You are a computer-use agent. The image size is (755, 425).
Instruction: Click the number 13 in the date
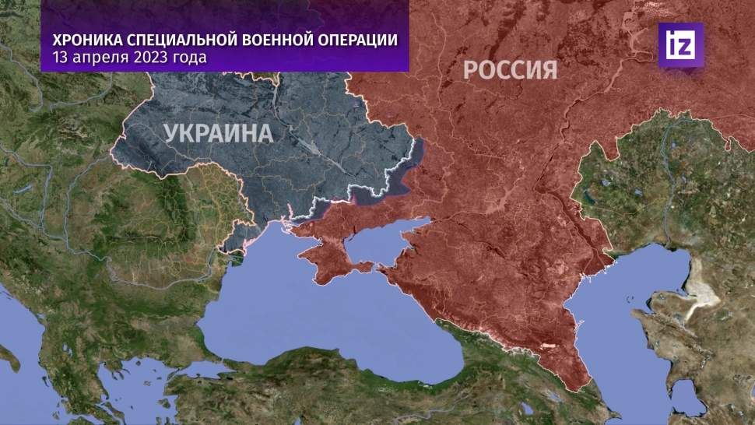(60, 58)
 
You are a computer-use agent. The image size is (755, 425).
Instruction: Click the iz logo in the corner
(680, 44)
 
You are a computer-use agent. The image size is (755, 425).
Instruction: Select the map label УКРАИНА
(218, 134)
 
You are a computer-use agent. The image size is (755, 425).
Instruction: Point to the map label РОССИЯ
(510, 70)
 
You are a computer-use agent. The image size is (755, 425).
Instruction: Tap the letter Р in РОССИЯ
(471, 70)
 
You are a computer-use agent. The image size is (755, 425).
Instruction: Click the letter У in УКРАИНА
(171, 134)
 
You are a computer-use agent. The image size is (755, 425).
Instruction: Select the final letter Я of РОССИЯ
(549, 70)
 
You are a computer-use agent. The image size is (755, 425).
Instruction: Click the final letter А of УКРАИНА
(265, 134)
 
